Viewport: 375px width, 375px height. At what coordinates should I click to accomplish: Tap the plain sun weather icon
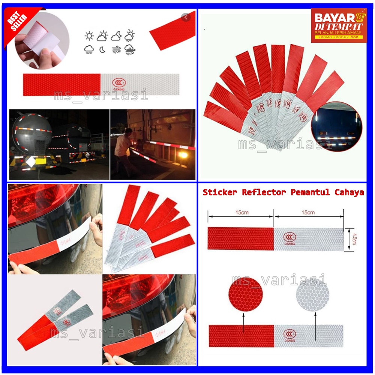(89, 36)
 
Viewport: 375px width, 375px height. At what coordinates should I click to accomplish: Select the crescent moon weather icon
(102, 49)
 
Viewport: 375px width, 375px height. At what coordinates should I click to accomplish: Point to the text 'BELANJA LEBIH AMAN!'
(339, 33)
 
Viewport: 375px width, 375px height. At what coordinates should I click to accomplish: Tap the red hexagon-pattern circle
(246, 294)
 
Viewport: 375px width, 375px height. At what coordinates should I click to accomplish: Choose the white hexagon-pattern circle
(313, 294)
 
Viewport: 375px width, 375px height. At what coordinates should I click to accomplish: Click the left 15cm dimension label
(242, 213)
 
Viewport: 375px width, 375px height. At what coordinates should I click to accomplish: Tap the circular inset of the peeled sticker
(42, 40)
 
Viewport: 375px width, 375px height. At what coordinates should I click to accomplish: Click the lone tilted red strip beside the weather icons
(172, 31)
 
